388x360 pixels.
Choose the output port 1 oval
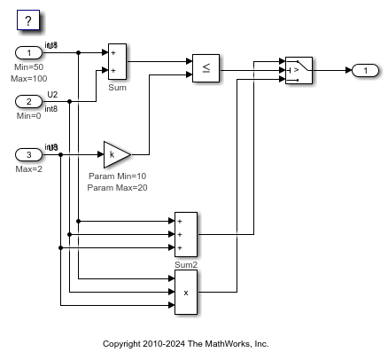click(x=365, y=69)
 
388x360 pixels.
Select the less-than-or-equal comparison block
click(x=206, y=67)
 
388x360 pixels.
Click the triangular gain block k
click(x=116, y=154)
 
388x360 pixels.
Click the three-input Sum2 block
click(x=186, y=234)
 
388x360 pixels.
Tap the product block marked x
click(x=186, y=292)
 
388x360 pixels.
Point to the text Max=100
click(x=30, y=79)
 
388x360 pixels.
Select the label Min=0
click(x=27, y=116)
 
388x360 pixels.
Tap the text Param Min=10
click(x=118, y=176)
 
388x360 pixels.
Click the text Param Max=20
click(x=118, y=188)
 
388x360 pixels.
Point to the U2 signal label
click(x=51, y=94)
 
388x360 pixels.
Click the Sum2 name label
click(x=186, y=263)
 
